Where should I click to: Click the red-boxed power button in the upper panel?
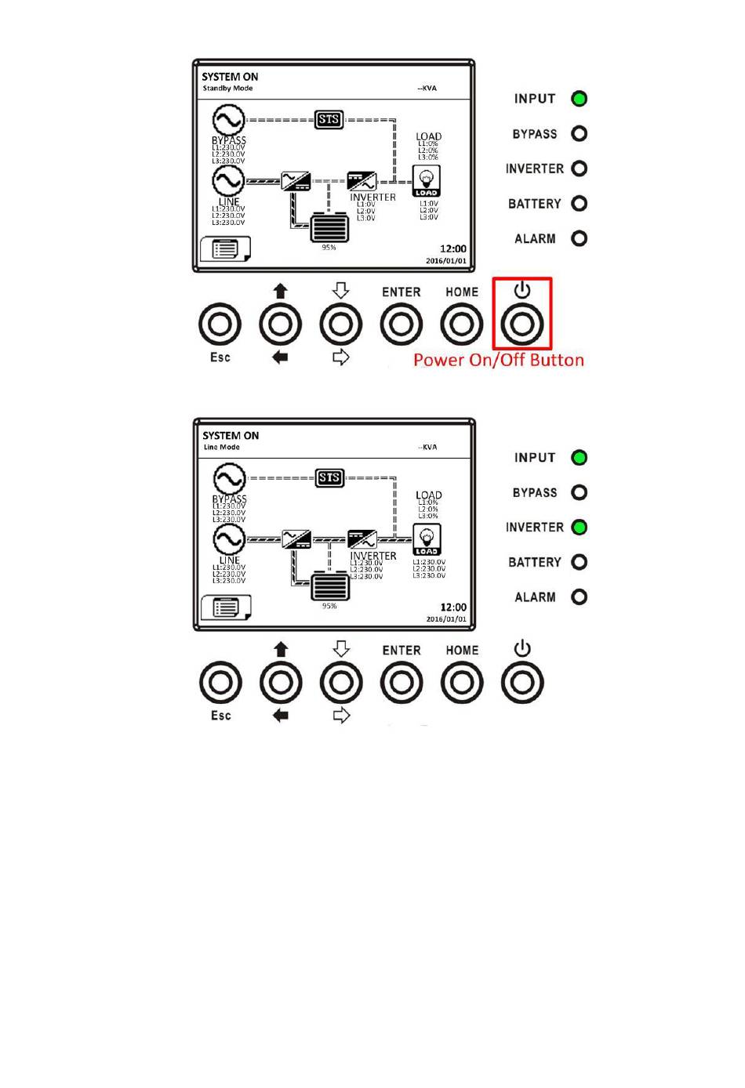point(522,324)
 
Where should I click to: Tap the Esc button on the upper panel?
point(220,324)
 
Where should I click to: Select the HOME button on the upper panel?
point(462,324)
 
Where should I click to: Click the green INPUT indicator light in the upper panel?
point(579,99)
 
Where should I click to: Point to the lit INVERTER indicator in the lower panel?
point(579,528)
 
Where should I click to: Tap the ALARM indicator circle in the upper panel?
point(579,238)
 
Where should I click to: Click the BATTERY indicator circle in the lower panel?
point(579,562)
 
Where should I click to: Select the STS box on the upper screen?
point(329,119)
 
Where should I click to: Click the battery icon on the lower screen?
point(329,586)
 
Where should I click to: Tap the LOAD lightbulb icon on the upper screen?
point(427,181)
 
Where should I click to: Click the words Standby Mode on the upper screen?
point(227,89)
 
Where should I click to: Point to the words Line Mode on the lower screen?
point(222,448)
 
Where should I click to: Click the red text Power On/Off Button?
point(499,361)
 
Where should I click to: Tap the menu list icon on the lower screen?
point(226,607)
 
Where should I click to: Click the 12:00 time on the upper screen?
point(452,248)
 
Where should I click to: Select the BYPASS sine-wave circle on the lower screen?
point(229,479)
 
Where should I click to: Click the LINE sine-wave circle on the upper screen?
point(228,181)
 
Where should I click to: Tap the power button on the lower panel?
point(522,682)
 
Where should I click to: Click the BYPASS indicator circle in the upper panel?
point(579,133)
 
